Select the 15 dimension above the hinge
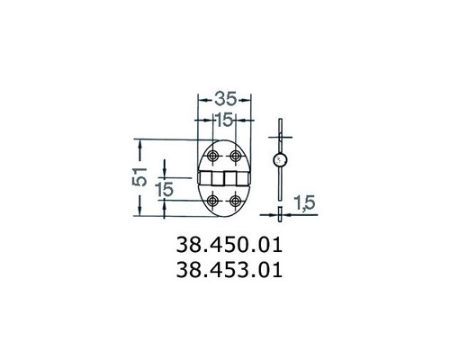[x=225, y=119]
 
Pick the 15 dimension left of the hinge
[x=165, y=189]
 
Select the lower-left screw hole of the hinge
[x=214, y=200]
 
